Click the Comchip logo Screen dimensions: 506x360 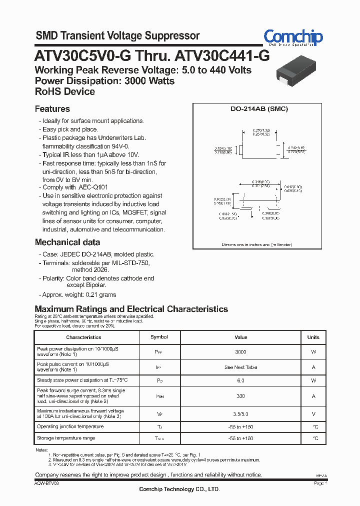293,38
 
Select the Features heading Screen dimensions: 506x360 52,109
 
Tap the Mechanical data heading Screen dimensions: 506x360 67,242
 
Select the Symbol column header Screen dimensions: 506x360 159,337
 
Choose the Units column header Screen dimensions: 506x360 313,337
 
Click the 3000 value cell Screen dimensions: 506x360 240,352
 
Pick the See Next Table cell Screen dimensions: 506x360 240,367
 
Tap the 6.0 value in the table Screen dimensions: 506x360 240,381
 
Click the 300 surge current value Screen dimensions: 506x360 240,396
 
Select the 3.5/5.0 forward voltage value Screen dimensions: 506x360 240,413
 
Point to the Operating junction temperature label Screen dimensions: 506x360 70,426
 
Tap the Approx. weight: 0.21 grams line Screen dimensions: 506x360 79,295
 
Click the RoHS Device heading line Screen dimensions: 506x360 64,92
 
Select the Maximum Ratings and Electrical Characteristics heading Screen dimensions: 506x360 131,309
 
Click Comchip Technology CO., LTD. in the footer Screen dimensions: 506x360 179,489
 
